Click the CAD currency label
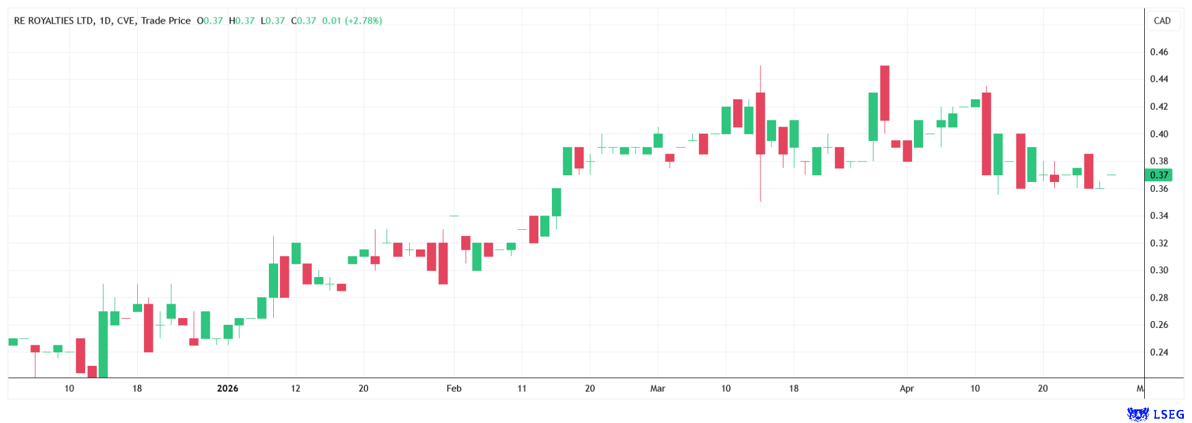(x=1162, y=20)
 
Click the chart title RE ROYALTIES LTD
(x=53, y=20)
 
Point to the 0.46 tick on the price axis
(x=1158, y=52)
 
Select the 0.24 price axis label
(x=1158, y=352)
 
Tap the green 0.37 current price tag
(x=1158, y=175)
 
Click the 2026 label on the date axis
(x=227, y=389)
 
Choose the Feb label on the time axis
(x=454, y=389)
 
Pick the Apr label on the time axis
(x=906, y=389)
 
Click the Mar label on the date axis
(x=657, y=389)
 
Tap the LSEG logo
(x=1155, y=414)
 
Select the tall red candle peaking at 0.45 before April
(x=885, y=93)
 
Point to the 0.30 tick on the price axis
(x=1158, y=270)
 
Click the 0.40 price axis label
(x=1158, y=134)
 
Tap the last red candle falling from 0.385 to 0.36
(x=1088, y=171)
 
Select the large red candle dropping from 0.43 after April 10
(x=986, y=134)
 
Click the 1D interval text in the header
(x=104, y=20)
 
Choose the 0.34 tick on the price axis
(x=1158, y=216)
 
